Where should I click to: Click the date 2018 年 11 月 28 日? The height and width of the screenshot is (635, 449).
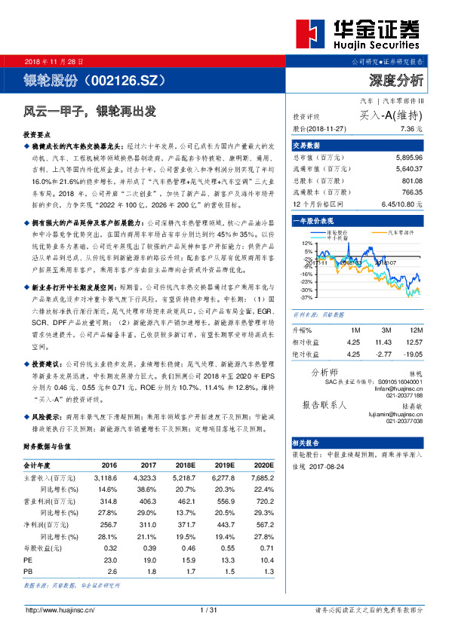(55, 60)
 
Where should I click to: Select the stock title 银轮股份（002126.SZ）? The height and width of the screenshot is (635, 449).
(94, 80)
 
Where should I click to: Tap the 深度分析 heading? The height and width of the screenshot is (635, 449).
(396, 80)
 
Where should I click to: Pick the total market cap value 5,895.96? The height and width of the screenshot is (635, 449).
(408, 157)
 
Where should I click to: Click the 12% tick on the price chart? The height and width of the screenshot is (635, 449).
(306, 244)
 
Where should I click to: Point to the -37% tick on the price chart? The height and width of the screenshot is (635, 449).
(306, 298)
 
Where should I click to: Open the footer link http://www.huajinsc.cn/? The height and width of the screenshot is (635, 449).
(60, 609)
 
